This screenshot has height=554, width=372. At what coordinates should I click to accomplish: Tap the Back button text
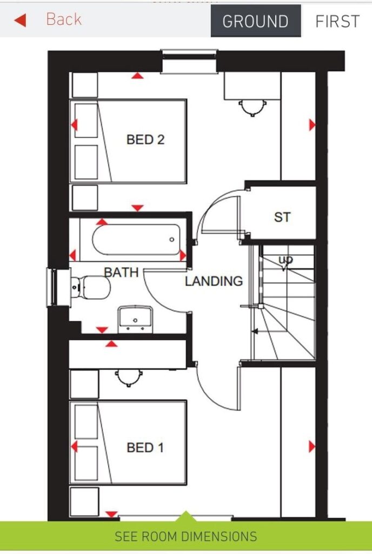tap(63, 19)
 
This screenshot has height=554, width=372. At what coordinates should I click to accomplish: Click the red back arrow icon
tap(20, 21)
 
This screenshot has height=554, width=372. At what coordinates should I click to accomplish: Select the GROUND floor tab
tap(255, 22)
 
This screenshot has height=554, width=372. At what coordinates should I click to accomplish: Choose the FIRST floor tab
tap(337, 22)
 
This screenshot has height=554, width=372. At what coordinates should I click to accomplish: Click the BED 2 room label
tap(145, 140)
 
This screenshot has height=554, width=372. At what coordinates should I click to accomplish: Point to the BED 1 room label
tap(145, 448)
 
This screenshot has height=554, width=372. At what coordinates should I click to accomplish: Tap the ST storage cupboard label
tap(282, 217)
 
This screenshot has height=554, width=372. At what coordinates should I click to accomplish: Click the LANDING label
tap(214, 281)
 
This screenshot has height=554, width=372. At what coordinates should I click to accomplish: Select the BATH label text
tap(121, 272)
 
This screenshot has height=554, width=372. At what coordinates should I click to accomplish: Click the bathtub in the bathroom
tap(135, 240)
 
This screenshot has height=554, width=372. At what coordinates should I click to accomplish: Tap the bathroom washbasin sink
tap(135, 317)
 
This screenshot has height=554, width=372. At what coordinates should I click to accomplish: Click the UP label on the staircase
tap(285, 261)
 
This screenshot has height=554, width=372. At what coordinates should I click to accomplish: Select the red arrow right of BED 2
tap(312, 126)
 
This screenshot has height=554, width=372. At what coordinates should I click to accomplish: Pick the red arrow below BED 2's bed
tap(137, 208)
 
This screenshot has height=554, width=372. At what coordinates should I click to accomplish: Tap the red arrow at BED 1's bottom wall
tap(111, 514)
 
